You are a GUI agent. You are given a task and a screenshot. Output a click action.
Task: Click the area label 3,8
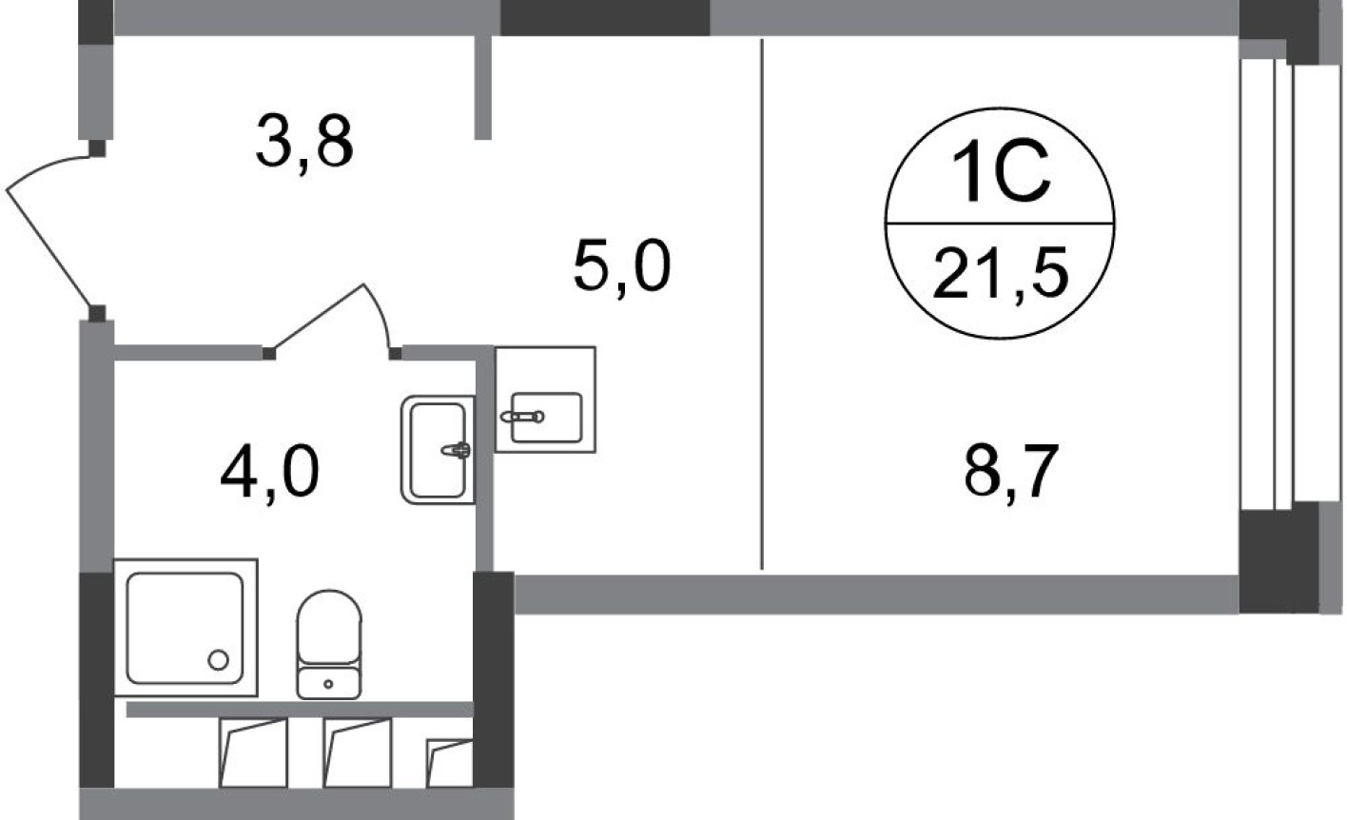pyautogui.click(x=304, y=142)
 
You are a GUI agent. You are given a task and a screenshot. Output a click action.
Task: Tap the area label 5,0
pyautogui.click(x=622, y=266)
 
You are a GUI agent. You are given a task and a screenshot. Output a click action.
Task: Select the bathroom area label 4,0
pyautogui.click(x=269, y=473)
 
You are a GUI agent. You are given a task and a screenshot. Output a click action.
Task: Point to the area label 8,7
pyautogui.click(x=1011, y=473)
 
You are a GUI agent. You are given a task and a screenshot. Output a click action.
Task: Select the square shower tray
pyautogui.click(x=185, y=628)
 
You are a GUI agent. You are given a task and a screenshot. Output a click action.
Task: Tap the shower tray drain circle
pyautogui.click(x=219, y=659)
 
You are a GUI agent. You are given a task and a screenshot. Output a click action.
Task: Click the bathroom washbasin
pyautogui.click(x=438, y=449)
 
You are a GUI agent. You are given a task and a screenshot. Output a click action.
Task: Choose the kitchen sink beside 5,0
pyautogui.click(x=546, y=416)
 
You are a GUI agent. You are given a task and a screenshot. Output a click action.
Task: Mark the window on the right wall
pyautogui.click(x=1279, y=285)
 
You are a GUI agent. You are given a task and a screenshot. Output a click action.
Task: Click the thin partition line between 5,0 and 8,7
pyautogui.click(x=762, y=304)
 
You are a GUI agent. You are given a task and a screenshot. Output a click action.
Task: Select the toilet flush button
pyautogui.click(x=329, y=682)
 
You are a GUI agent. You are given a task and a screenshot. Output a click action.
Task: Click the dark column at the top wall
pyautogui.click(x=605, y=17)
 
